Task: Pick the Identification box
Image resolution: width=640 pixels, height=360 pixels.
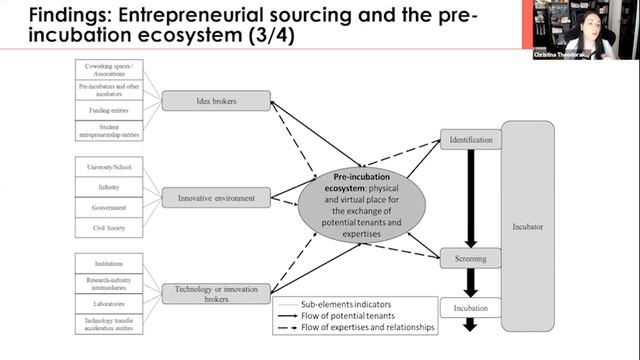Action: pyautogui.click(x=470, y=140)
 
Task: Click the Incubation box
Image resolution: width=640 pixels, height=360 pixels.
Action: pyautogui.click(x=470, y=308)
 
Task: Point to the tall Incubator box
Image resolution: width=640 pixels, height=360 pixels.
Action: pyautogui.click(x=527, y=226)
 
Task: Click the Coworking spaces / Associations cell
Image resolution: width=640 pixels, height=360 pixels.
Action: pyautogui.click(x=112, y=71)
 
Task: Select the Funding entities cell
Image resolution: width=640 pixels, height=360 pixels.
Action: pyautogui.click(x=112, y=111)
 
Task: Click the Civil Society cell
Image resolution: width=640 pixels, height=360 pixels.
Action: pyautogui.click(x=112, y=227)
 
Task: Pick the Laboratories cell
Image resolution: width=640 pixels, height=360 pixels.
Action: pyautogui.click(x=112, y=303)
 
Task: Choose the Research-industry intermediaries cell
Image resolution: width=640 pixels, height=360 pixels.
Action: pyautogui.click(x=112, y=283)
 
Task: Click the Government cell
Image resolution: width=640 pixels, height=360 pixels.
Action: pyautogui.click(x=112, y=207)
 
